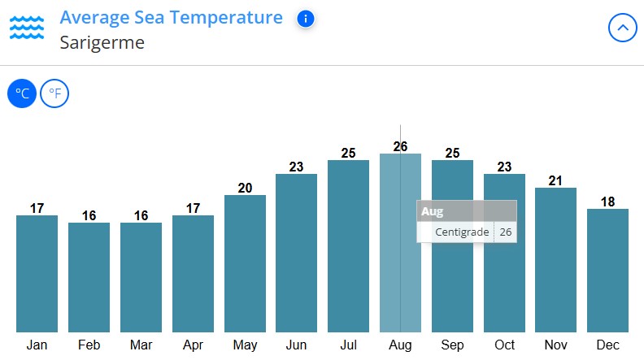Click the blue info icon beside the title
tap(305, 19)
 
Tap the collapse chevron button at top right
tap(622, 28)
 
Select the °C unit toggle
tap(22, 94)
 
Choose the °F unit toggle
tap(54, 94)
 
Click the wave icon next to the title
tap(26, 27)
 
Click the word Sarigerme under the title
tap(102, 42)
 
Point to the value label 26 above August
tap(400, 146)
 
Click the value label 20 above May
tap(245, 188)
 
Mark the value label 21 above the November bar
tap(555, 180)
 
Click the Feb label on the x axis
tap(89, 345)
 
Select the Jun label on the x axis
tap(296, 345)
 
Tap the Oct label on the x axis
tap(504, 345)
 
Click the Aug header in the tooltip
tap(432, 211)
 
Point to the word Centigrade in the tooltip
tap(462, 232)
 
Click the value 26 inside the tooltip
tap(506, 232)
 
